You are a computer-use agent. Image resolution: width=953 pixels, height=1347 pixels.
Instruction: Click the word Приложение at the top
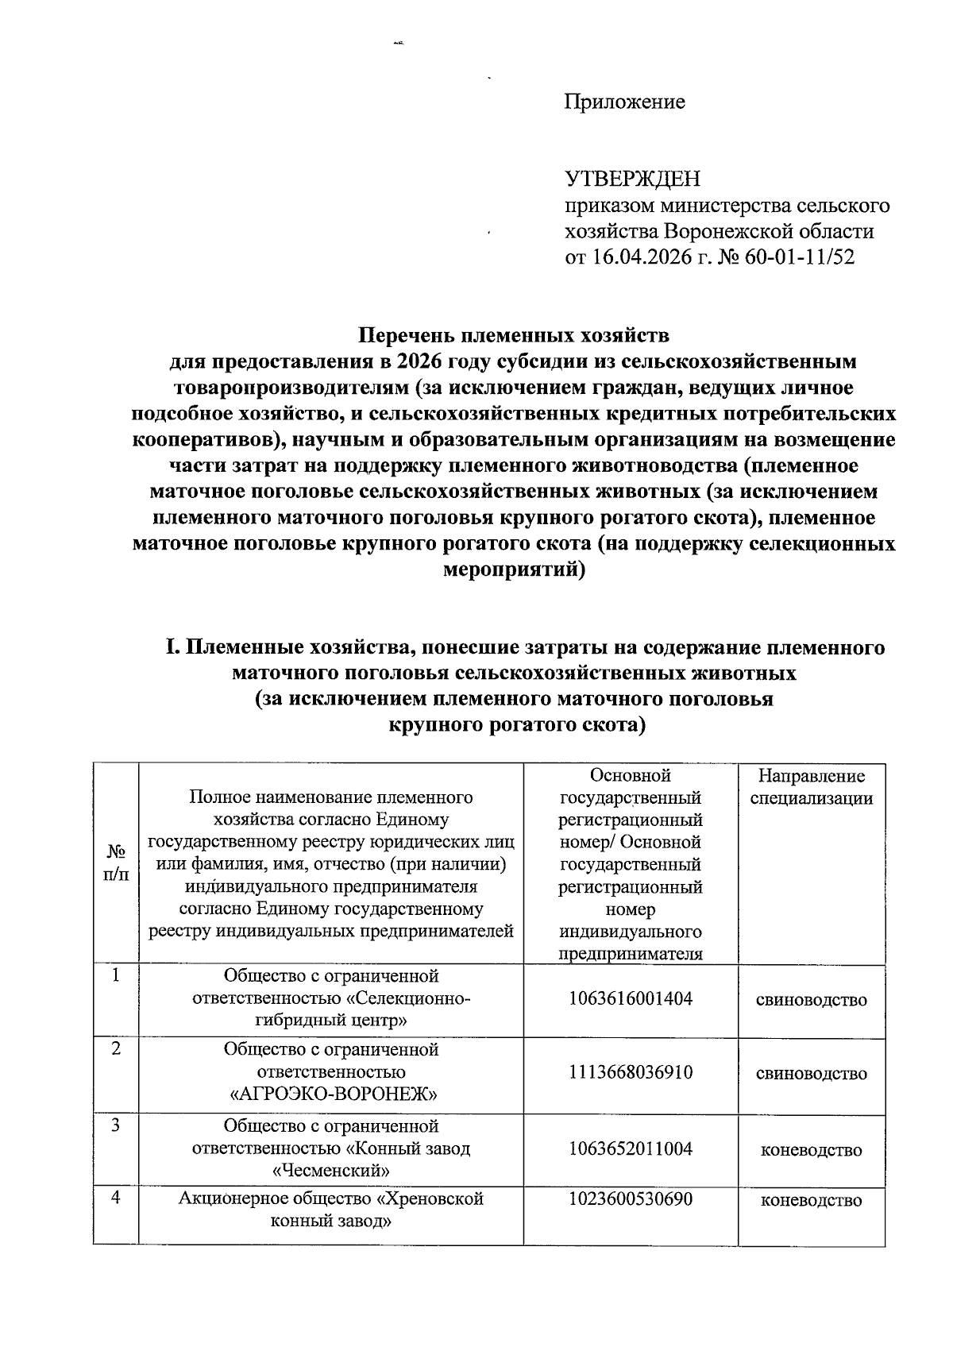click(624, 102)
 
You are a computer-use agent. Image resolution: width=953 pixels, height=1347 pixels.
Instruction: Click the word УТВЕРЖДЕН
click(632, 179)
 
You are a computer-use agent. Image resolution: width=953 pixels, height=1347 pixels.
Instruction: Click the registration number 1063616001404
click(631, 998)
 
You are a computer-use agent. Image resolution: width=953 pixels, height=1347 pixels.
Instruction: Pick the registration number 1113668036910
click(631, 1072)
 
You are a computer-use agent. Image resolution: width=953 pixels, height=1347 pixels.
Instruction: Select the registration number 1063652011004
click(631, 1148)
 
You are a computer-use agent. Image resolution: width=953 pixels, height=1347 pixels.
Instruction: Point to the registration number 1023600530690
click(631, 1198)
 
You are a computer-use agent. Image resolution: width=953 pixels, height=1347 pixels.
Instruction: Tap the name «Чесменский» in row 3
click(331, 1170)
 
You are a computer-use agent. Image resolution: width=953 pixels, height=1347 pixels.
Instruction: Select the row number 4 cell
click(116, 1198)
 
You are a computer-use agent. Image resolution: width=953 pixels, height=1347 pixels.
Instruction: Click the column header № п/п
click(116, 862)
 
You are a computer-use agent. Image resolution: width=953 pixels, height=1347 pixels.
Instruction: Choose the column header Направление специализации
click(811, 787)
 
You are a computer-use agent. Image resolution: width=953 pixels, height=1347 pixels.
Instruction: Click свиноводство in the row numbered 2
click(811, 1074)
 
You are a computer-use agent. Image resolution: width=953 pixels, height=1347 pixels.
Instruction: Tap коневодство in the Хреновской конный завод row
click(811, 1200)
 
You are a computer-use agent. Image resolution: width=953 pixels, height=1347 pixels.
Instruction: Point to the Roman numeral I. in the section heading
click(174, 647)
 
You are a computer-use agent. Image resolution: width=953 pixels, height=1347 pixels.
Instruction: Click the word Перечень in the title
click(406, 334)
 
